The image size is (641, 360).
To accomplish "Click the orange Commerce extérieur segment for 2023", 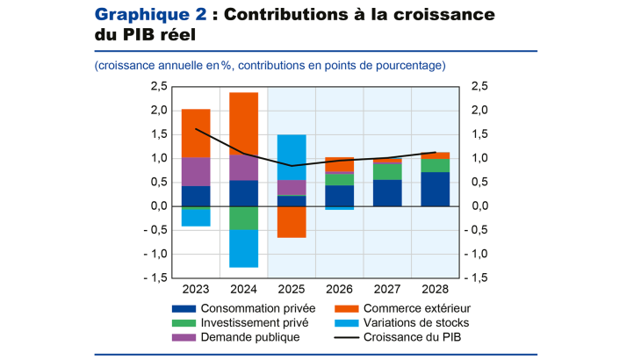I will (196, 133).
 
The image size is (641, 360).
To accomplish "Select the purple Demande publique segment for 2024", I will (244, 168).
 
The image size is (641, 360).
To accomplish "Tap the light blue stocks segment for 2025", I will (292, 157).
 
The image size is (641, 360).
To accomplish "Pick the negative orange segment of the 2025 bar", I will (292, 221).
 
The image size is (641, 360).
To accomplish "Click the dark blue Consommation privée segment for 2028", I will (436, 189).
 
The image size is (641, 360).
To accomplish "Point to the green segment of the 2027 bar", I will (387, 172).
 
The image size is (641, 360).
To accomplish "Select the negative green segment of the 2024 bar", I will (244, 218).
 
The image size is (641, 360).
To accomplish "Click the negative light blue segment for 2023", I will (196, 218).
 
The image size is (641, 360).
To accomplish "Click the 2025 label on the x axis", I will (292, 289).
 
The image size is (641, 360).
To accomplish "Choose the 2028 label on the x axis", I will (436, 289).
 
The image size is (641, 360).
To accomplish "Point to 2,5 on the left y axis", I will (159, 86).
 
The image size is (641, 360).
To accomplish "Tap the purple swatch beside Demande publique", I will (184, 335).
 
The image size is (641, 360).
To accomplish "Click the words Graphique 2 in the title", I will (148, 15).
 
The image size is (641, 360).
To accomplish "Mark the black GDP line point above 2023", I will (196, 129).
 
